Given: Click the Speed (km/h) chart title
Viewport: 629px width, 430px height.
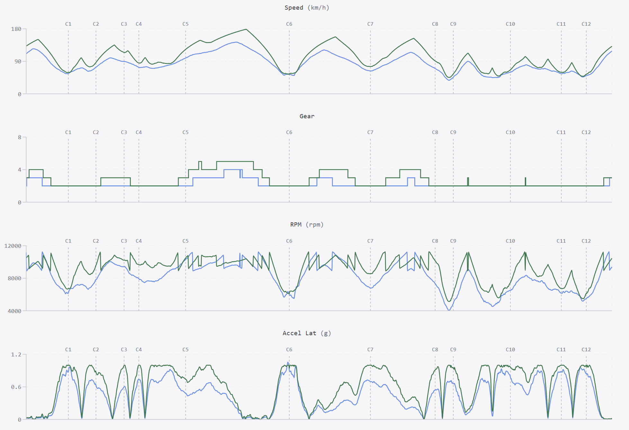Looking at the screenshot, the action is point(307,8).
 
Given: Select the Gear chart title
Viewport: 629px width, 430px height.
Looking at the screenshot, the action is point(307,116).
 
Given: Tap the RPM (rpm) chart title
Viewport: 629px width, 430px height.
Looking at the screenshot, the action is point(307,225).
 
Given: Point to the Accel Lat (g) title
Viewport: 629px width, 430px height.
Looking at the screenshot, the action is point(307,333).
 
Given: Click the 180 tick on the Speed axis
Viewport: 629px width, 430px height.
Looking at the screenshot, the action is point(16,29).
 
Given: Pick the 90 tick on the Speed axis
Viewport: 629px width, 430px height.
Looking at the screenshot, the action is point(18,61).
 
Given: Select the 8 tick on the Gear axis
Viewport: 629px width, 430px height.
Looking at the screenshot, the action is point(20,137).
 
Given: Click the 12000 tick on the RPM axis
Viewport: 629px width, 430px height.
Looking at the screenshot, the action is point(13,246).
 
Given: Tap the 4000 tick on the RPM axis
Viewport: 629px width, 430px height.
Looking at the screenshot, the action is point(14,311).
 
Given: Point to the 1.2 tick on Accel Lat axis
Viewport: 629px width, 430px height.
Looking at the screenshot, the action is point(16,354).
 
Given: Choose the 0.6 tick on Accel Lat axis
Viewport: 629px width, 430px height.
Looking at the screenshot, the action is point(16,387).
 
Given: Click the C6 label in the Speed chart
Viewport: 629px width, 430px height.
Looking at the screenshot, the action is point(289,24).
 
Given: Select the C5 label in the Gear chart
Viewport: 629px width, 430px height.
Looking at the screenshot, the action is point(185,132).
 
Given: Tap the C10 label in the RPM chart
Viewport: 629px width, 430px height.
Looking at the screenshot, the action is point(510,241).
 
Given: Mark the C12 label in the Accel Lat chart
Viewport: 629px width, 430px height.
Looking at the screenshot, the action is point(586,350).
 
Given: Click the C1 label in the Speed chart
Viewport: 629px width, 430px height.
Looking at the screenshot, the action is point(68,24).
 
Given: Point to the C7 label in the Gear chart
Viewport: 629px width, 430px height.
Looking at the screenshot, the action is point(370,132).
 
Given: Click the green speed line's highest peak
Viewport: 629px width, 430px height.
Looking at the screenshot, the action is point(246,29).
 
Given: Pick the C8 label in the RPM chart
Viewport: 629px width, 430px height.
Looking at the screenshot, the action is point(435,241).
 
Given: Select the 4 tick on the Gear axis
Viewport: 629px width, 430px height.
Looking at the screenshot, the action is point(20,170).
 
